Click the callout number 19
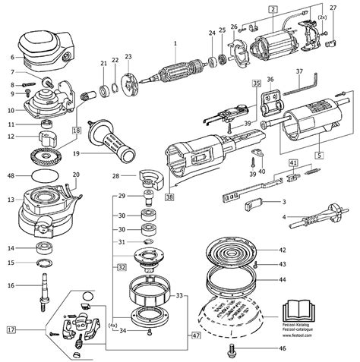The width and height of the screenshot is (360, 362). (75, 154)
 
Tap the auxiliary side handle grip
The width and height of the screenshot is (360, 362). (109, 141)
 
